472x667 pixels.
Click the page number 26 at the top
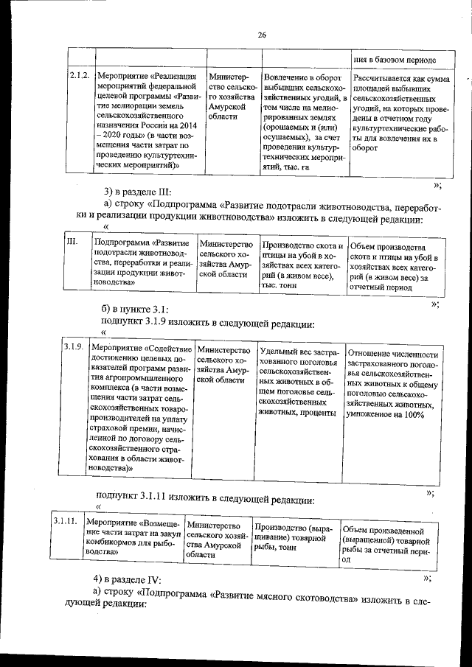pyautogui.click(x=261, y=35)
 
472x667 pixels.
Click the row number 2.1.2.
pyautogui.click(x=79, y=77)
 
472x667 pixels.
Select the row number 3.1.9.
pyautogui.click(x=72, y=347)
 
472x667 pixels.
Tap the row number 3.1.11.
pyautogui.click(x=66, y=521)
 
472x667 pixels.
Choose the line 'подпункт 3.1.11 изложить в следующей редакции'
pyautogui.click(x=206, y=499)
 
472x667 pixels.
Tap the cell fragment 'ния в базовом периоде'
pyautogui.click(x=394, y=60)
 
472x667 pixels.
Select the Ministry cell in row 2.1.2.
pyautogui.click(x=231, y=96)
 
